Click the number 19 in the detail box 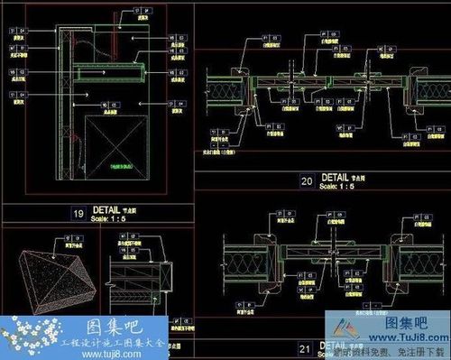click(x=78, y=213)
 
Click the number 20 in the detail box click(x=307, y=180)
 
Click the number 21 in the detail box click(x=307, y=347)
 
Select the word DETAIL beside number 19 click(x=106, y=209)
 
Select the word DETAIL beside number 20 click(x=336, y=177)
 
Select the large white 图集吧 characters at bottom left click(x=96, y=325)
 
